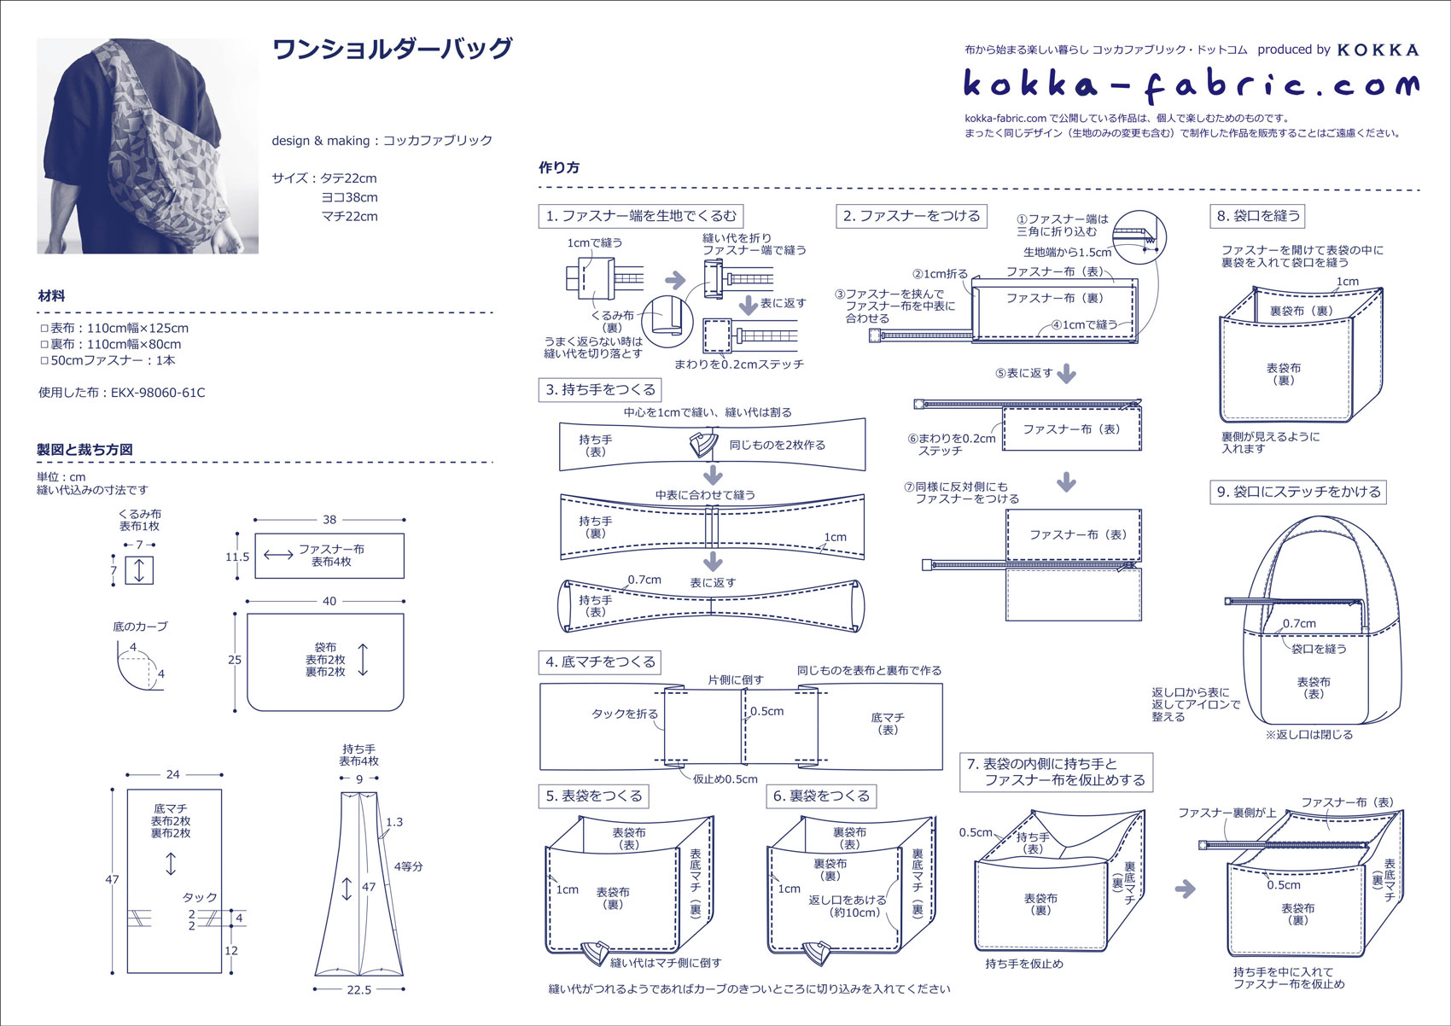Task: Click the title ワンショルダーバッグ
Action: (x=392, y=50)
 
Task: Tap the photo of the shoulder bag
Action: (x=148, y=146)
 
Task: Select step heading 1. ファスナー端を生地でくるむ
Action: (x=640, y=216)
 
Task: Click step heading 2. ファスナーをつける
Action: (x=912, y=216)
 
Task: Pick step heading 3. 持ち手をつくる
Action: (x=601, y=390)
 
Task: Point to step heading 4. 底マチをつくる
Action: (x=600, y=662)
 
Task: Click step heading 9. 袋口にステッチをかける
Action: (x=1298, y=492)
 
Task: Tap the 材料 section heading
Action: (x=51, y=296)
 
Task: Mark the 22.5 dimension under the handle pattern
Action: (x=359, y=990)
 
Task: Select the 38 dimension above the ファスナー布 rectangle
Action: (x=329, y=519)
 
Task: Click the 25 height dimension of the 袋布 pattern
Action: (x=235, y=660)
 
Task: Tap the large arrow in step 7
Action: (x=1185, y=889)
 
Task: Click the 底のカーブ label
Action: (x=140, y=627)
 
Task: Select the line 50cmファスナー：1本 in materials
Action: (x=113, y=361)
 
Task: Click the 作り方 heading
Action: (x=559, y=168)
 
